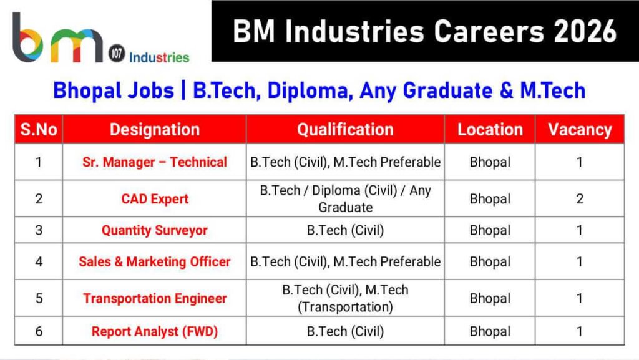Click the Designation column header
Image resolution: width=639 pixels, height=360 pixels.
coord(154,130)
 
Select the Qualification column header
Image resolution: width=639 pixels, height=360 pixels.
coord(345,130)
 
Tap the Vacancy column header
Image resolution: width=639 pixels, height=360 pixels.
coord(580,130)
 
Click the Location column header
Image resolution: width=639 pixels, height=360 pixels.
coord(490,130)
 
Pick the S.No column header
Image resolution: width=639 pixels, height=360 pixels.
coord(39,130)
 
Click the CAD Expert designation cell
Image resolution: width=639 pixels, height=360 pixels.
coord(154,199)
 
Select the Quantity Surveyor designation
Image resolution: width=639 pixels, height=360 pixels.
coord(154,230)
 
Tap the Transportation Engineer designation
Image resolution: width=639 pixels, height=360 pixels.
coord(154,298)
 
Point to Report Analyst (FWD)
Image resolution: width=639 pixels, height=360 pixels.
coord(154,331)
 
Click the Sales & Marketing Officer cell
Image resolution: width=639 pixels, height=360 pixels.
coord(154,261)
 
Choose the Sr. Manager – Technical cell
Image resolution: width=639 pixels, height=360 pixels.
coord(154,162)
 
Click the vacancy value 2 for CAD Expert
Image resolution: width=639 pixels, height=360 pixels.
coord(580,199)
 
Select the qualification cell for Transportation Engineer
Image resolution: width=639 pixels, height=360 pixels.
coord(345,298)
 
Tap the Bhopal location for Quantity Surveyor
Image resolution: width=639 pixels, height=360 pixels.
coord(490,230)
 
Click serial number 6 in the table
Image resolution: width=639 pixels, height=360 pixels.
coord(39,331)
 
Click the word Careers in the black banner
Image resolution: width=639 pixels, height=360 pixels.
coord(459,31)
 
